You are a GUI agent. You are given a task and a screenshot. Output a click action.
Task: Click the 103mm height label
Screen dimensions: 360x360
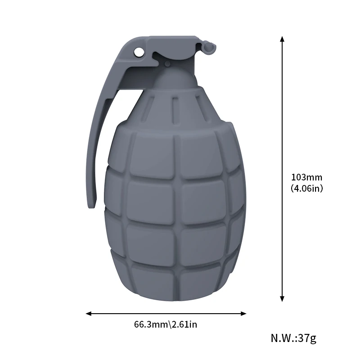click(x=306, y=177)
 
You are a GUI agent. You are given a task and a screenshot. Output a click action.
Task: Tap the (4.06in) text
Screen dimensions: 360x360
click(x=307, y=189)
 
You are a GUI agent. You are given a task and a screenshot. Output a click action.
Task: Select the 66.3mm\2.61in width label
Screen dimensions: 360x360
click(x=166, y=324)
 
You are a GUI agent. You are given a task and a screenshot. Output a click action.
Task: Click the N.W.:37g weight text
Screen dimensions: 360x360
click(x=293, y=338)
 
